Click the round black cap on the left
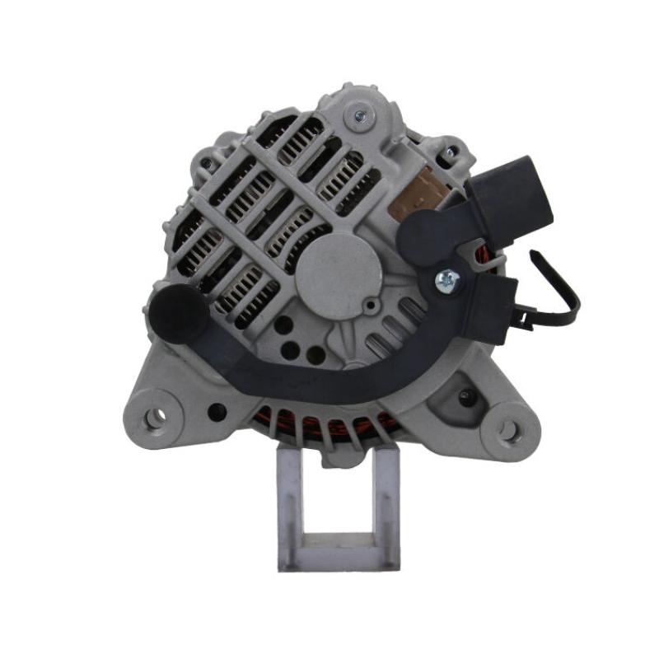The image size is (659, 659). (x=176, y=310)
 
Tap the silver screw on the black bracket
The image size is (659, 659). (x=447, y=280)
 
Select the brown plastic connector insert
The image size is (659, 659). (x=421, y=192)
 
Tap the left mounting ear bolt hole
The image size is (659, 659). (x=154, y=418)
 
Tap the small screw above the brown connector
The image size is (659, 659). (x=450, y=152)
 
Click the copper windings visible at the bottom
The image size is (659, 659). (x=329, y=428)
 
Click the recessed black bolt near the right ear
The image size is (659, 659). (x=466, y=397)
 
